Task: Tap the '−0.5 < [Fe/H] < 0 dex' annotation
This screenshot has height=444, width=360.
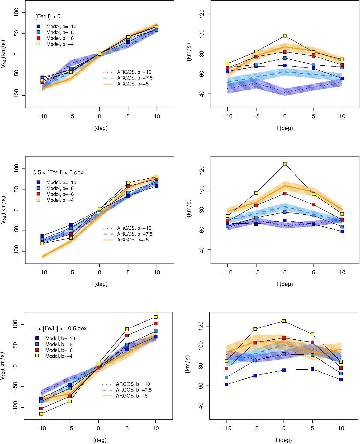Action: point(56,173)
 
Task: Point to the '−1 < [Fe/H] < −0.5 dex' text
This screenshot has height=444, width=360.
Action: point(58,329)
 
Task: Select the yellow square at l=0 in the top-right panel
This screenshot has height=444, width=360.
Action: point(285,36)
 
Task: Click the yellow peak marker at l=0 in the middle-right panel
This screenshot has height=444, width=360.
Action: point(285,164)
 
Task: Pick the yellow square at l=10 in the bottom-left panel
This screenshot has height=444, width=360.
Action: point(155,317)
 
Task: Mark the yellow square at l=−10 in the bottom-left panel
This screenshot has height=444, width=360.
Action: point(41,414)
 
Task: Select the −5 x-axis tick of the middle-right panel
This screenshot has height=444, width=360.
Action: point(256,273)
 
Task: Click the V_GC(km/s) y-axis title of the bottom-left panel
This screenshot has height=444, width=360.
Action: point(6,365)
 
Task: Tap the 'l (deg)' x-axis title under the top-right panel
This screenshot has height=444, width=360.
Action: point(285,128)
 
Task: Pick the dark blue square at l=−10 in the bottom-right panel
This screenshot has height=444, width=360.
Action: point(226,384)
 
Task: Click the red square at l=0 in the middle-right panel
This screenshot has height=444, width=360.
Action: point(285,194)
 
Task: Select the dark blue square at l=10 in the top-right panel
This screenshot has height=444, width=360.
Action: point(342,79)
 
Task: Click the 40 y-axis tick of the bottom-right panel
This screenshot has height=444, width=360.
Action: point(205,406)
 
